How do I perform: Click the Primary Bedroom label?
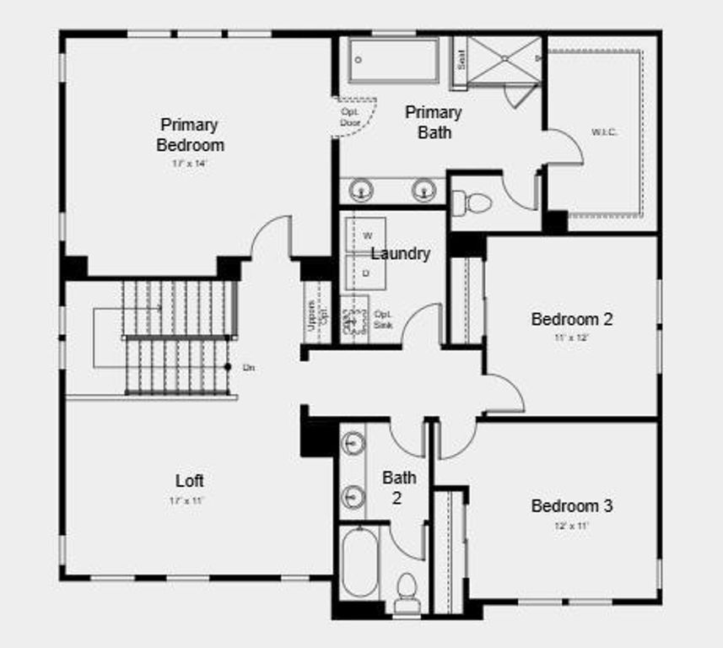tap(190, 134)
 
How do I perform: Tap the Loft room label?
tap(190, 480)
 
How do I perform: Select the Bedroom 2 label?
tap(571, 319)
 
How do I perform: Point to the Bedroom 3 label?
tap(571, 505)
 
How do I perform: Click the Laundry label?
tap(401, 253)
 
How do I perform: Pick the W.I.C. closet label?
tap(604, 132)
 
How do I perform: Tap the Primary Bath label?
tap(434, 122)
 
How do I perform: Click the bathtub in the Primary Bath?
tap(394, 61)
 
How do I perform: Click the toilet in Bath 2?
tap(407, 587)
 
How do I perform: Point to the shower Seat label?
tap(461, 60)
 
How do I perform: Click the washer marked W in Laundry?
tap(367, 235)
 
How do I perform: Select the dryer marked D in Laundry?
tap(366, 273)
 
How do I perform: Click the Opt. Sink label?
tap(383, 318)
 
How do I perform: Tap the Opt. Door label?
tap(350, 116)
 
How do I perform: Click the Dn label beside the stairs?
tap(249, 367)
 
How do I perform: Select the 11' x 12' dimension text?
tap(571, 337)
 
